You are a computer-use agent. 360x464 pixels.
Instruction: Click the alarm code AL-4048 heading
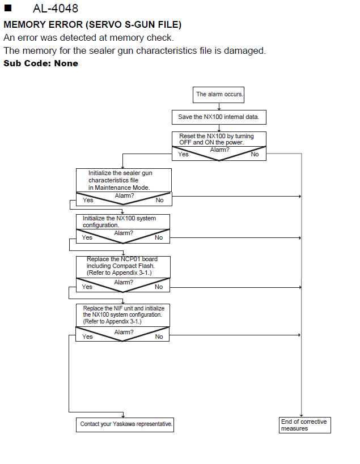pyautogui.click(x=56, y=8)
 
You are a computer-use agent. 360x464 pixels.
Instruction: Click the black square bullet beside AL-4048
pyautogui.click(x=8, y=8)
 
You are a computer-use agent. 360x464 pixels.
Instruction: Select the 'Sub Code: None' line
pyautogui.click(x=41, y=63)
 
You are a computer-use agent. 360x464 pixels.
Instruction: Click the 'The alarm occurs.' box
pyautogui.click(x=218, y=95)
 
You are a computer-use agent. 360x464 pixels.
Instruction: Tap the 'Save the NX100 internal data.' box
pyautogui.click(x=219, y=117)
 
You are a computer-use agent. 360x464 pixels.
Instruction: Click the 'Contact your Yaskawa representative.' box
pyautogui.click(x=125, y=425)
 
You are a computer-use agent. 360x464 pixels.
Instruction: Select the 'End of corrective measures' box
pyautogui.click(x=304, y=425)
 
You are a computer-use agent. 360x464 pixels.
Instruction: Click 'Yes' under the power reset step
pyautogui.click(x=183, y=154)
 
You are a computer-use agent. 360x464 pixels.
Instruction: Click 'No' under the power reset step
pyautogui.click(x=255, y=154)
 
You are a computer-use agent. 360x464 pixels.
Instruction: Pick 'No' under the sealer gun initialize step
pyautogui.click(x=159, y=200)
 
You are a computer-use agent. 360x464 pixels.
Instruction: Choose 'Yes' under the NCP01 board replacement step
pyautogui.click(x=87, y=287)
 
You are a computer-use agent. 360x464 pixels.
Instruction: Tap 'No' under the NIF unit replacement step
pyautogui.click(x=159, y=337)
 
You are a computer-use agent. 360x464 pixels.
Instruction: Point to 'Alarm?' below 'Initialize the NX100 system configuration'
pyautogui.click(x=124, y=233)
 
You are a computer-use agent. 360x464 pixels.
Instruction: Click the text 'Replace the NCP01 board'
pyautogui.click(x=122, y=259)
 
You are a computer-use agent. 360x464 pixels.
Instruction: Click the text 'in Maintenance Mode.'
pyautogui.click(x=119, y=188)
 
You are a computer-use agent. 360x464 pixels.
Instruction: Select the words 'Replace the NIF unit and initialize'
pyautogui.click(x=124, y=308)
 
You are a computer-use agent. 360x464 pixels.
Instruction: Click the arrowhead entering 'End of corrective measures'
pyautogui.click(x=302, y=415)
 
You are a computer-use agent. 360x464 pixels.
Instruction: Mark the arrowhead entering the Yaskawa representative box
pyautogui.click(x=123, y=416)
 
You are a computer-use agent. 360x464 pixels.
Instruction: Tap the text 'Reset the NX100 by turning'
pyautogui.click(x=217, y=136)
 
